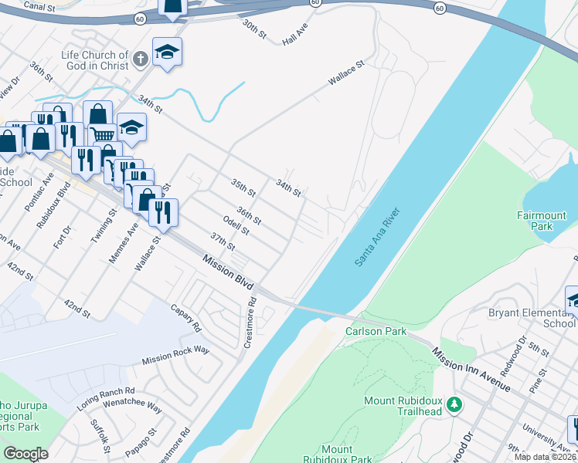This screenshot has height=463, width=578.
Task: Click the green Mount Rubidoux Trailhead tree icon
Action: [455, 404]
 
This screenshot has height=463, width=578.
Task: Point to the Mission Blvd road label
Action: [229, 273]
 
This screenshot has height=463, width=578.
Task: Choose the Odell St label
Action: [236, 225]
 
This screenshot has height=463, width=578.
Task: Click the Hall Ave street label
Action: [295, 34]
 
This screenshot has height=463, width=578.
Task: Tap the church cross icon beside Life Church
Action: [140, 59]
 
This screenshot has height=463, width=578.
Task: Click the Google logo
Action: [25, 454]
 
